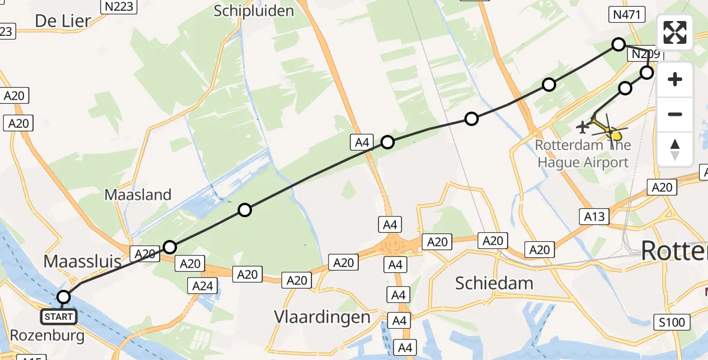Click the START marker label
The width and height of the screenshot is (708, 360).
pyautogui.click(x=59, y=316)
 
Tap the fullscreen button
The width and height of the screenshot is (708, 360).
pyautogui.click(x=675, y=32)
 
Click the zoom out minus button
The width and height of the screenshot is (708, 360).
pyautogui.click(x=675, y=114)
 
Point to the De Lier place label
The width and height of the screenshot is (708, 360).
pyautogui.click(x=63, y=21)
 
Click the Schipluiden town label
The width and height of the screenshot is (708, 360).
pyautogui.click(x=254, y=11)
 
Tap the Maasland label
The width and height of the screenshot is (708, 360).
pyautogui.click(x=138, y=194)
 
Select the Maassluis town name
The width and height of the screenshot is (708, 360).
pyautogui.click(x=82, y=261)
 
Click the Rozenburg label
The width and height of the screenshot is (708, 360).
pyautogui.click(x=47, y=335)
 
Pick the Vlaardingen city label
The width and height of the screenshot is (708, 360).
pyautogui.click(x=322, y=317)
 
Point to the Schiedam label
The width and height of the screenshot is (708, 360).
pyautogui.click(x=494, y=283)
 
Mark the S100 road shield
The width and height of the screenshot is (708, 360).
pyautogui.click(x=671, y=322)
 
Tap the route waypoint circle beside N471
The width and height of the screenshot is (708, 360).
pyautogui.click(x=618, y=44)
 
